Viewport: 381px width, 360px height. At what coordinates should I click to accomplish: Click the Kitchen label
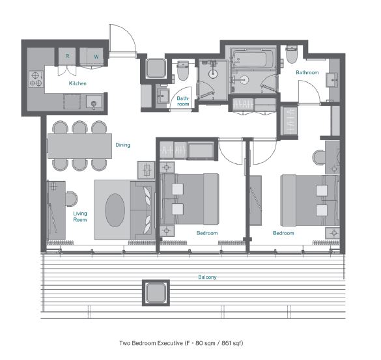(78, 83)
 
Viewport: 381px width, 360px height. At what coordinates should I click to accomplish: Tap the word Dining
(122, 145)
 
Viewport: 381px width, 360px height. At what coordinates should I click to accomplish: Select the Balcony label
(207, 277)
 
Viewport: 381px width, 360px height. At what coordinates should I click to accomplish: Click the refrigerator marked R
(67, 57)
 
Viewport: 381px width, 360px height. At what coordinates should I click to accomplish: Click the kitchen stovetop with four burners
(36, 79)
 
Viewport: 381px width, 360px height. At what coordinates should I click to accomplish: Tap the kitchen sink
(94, 102)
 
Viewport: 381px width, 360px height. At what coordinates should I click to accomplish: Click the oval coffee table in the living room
(115, 210)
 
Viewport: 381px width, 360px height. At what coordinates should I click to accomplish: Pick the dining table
(79, 146)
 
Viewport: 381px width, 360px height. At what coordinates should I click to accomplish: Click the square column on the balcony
(156, 293)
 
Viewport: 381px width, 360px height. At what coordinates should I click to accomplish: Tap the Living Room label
(80, 216)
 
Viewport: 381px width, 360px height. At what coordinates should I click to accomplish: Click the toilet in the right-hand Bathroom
(292, 55)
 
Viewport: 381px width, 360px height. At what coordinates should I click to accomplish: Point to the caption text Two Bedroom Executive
(151, 343)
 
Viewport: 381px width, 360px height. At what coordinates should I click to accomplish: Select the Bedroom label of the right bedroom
(283, 233)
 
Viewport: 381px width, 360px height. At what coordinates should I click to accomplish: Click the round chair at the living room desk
(72, 199)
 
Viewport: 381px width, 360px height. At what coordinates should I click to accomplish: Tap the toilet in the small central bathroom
(183, 71)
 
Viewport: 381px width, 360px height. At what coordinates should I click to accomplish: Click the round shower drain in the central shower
(213, 74)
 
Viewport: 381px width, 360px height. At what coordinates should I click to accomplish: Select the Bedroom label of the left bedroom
(207, 233)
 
